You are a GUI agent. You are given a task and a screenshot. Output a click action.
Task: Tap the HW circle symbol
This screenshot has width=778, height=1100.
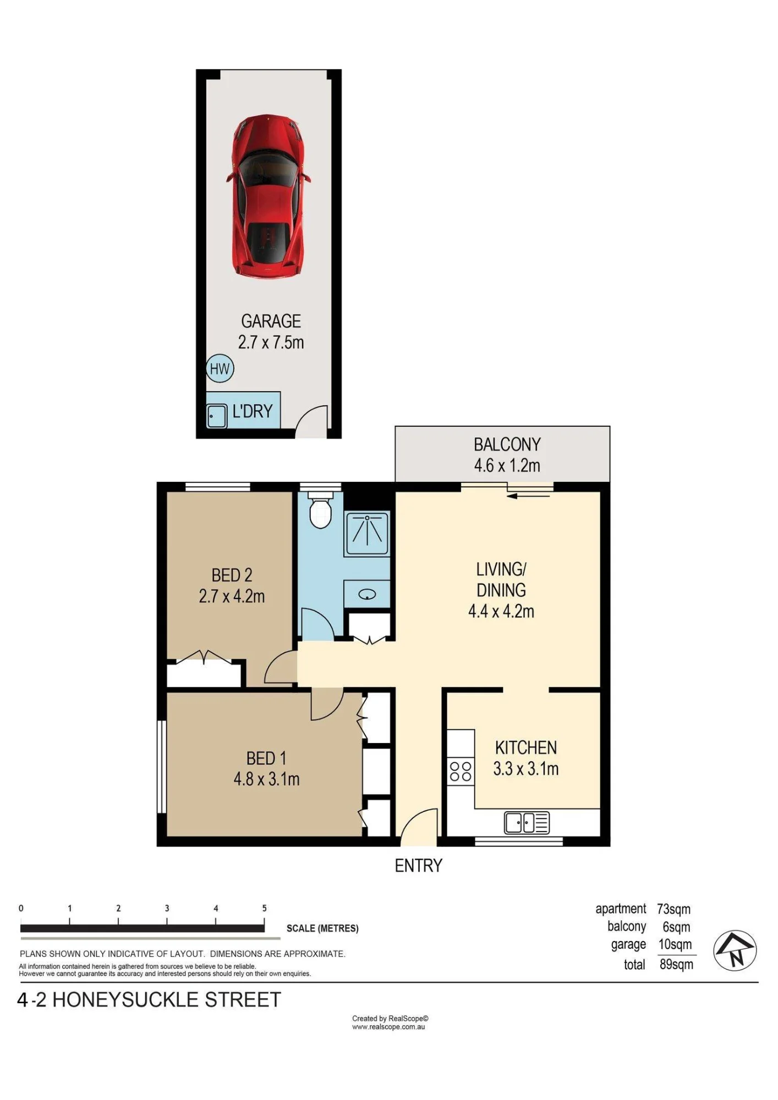coord(220,369)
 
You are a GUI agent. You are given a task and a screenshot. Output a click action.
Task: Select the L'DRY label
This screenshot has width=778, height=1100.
coord(253,411)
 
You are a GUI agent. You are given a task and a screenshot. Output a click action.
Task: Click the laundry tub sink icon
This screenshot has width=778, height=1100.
coord(217,416)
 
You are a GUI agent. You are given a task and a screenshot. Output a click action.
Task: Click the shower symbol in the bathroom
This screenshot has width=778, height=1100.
coord(367,533)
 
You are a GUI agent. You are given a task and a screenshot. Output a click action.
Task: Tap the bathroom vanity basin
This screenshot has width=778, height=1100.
coord(367,594)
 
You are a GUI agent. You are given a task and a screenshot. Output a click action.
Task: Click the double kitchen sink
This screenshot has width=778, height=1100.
coord(527,823)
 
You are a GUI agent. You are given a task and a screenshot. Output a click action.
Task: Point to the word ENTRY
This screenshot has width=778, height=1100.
coord(419,866)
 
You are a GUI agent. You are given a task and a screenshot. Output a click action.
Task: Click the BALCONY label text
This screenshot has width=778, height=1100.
coord(507,444)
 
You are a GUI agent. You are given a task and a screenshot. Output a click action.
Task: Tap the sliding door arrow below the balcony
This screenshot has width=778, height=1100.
coord(528,496)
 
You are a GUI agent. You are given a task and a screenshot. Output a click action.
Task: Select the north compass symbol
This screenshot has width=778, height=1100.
coord(735,950)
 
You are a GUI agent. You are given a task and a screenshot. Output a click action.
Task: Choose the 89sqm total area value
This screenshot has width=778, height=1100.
coord(676,964)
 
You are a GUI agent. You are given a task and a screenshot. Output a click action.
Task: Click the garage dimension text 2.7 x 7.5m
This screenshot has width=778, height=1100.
coord(271,342)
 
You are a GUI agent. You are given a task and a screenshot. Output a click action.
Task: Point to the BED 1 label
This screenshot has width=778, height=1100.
coord(266,758)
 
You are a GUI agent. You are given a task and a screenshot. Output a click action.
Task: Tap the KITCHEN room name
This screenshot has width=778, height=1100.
coord(526,747)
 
